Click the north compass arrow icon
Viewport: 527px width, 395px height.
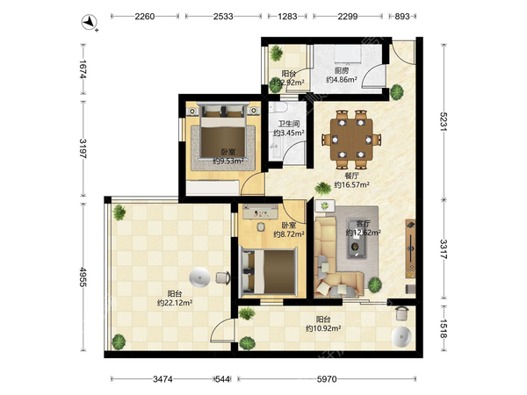[90, 23]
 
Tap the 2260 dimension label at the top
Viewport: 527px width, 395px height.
[145, 16]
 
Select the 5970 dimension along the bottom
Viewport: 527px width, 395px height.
[327, 379]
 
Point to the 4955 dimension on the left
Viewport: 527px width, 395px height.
[83, 277]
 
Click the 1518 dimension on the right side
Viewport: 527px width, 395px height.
[444, 329]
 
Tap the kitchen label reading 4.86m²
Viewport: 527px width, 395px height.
[342, 80]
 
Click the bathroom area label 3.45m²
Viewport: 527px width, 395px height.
[289, 133]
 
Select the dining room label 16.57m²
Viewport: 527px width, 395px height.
[352, 184]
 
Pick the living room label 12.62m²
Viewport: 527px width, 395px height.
[364, 232]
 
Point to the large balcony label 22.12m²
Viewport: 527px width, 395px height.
[175, 303]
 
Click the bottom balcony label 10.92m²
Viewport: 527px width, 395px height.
[323, 328]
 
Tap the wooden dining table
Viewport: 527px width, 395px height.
[351, 139]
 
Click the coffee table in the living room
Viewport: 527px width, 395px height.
[357, 239]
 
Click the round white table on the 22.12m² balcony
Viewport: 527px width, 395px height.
[199, 277]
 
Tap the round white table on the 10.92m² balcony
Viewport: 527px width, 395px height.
[401, 336]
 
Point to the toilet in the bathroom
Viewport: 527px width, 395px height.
[278, 107]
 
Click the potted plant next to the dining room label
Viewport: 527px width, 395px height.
[323, 188]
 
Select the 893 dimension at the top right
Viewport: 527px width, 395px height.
[402, 16]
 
